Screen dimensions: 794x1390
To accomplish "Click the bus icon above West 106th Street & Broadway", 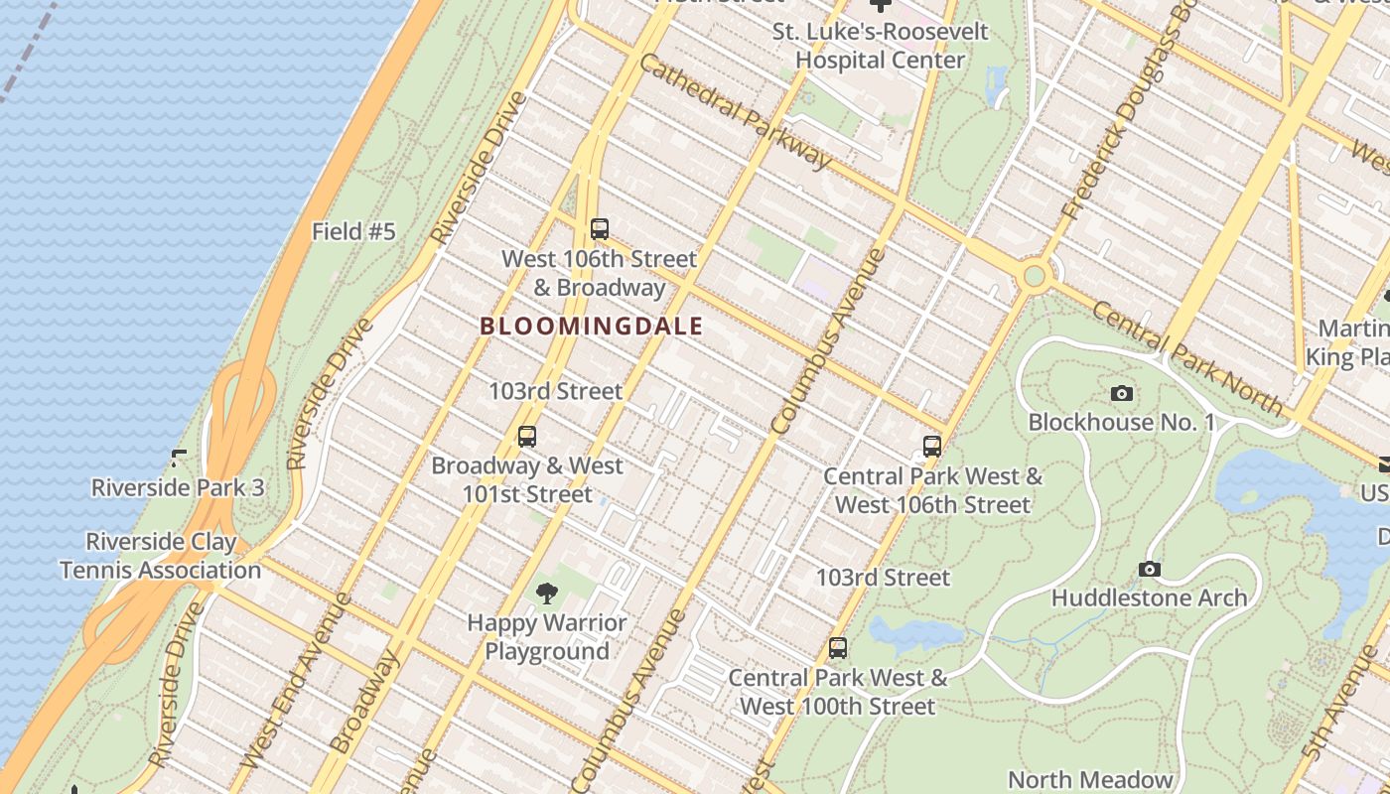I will click(599, 229).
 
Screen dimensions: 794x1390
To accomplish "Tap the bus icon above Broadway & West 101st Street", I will click(527, 436).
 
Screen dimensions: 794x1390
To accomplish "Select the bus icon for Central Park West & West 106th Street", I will click(931, 447).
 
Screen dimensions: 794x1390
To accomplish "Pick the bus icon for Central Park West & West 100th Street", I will click(838, 648).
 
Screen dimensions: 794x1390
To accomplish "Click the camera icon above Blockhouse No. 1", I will click(1122, 394).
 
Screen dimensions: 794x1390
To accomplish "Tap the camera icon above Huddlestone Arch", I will click(1150, 569).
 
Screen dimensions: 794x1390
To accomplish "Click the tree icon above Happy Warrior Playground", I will click(546, 594).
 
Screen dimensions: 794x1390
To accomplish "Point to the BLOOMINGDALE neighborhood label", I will click(592, 326).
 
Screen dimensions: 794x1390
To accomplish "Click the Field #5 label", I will click(353, 232).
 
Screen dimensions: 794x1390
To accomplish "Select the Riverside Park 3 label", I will click(178, 487).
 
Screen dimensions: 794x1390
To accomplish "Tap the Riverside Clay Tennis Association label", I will click(161, 556).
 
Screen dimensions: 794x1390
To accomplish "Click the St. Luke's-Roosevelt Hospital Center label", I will click(881, 46).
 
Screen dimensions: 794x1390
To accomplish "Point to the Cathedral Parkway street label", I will click(734, 110).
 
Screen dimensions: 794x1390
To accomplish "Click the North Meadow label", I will click(1090, 779).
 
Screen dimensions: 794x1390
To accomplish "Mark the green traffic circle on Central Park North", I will click(1035, 275).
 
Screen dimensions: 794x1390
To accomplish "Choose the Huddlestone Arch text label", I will click(1149, 597).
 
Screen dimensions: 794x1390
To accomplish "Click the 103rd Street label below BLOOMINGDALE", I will click(555, 391).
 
